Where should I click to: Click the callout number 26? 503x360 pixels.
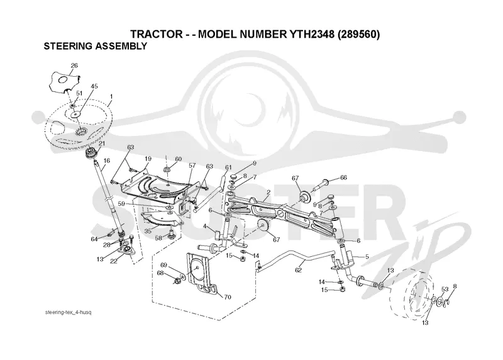pyautogui.click(x=74, y=65)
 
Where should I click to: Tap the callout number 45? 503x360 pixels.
pyautogui.click(x=94, y=86)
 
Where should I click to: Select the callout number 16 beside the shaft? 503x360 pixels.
pyautogui.click(x=107, y=160)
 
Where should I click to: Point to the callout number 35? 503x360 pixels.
pyautogui.click(x=148, y=230)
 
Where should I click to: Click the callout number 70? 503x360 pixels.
pyautogui.click(x=228, y=297)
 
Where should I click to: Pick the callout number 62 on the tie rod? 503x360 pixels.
pyautogui.click(x=298, y=270)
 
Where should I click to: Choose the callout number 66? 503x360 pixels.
pyautogui.click(x=343, y=177)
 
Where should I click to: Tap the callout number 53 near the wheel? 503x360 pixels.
pyautogui.click(x=445, y=290)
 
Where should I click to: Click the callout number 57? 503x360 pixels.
pyautogui.click(x=192, y=166)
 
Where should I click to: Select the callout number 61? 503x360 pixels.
pyautogui.click(x=228, y=167)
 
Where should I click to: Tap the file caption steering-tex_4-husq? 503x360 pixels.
pyautogui.click(x=69, y=312)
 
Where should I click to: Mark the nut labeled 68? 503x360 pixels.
pyautogui.click(x=177, y=281)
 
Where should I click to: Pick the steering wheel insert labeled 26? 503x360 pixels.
pyautogui.click(x=64, y=82)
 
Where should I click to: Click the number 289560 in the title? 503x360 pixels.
pyautogui.click(x=359, y=34)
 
